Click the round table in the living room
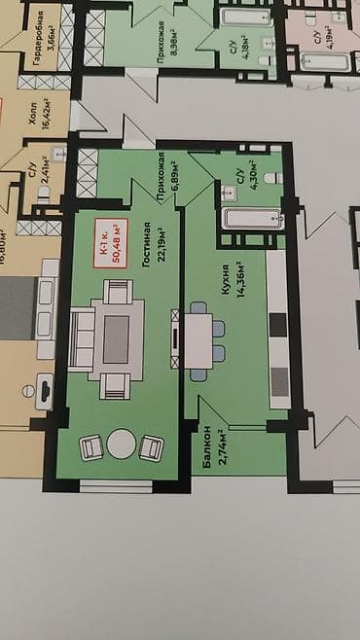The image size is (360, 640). click(x=121, y=444)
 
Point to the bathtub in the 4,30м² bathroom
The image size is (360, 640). click(x=251, y=219)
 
